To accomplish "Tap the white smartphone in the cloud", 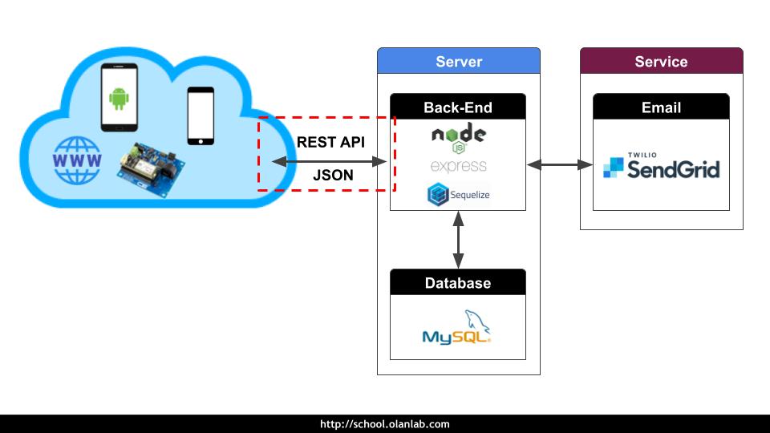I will tap(201, 116).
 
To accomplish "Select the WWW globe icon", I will tap(77, 160).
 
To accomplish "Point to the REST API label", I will tap(330, 142).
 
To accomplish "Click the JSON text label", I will tap(330, 176).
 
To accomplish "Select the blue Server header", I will tap(459, 62).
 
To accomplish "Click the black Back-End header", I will tap(458, 107).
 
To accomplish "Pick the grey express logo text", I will tap(458, 166).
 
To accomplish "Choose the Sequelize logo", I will tap(458, 194).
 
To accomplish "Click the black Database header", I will tap(458, 283).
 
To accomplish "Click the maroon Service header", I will tap(661, 62).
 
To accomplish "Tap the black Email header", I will tap(661, 107).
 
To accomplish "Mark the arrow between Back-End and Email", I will tap(559, 165).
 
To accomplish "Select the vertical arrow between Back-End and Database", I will tap(458, 240).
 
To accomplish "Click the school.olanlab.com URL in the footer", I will tap(385, 424).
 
